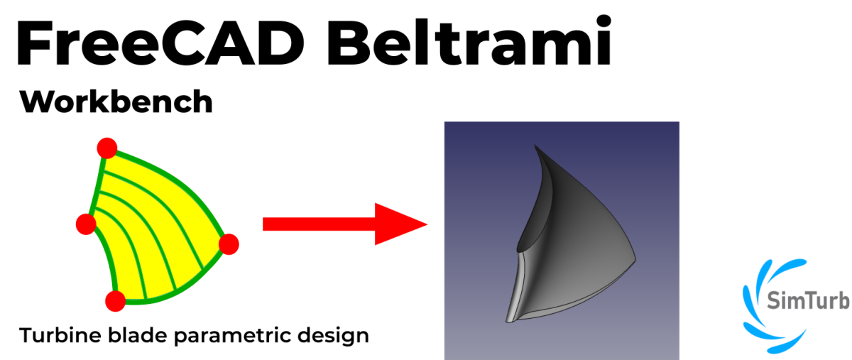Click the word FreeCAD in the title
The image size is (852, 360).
(160, 43)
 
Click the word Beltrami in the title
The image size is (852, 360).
(469, 40)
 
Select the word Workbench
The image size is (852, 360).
(116, 102)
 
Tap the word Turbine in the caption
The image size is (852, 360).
(60, 335)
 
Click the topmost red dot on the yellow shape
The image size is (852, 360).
(107, 148)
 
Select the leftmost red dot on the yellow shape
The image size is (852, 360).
(86, 224)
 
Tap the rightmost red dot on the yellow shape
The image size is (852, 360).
(229, 244)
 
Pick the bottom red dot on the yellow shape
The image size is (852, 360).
(115, 301)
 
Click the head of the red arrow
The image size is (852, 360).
(401, 224)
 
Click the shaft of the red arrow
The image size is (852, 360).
(319, 224)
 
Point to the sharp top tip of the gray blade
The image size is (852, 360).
(535, 145)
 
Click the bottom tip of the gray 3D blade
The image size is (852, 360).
(508, 321)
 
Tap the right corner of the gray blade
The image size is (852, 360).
(635, 260)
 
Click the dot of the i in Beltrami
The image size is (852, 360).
(603, 21)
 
